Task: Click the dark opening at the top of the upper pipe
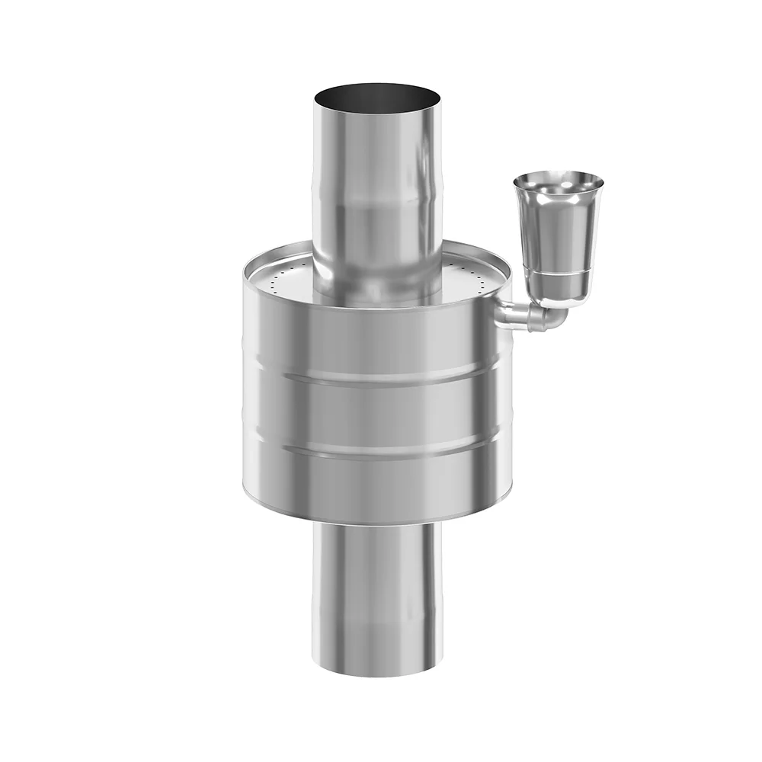point(377,98)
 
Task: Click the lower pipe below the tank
point(377,594)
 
